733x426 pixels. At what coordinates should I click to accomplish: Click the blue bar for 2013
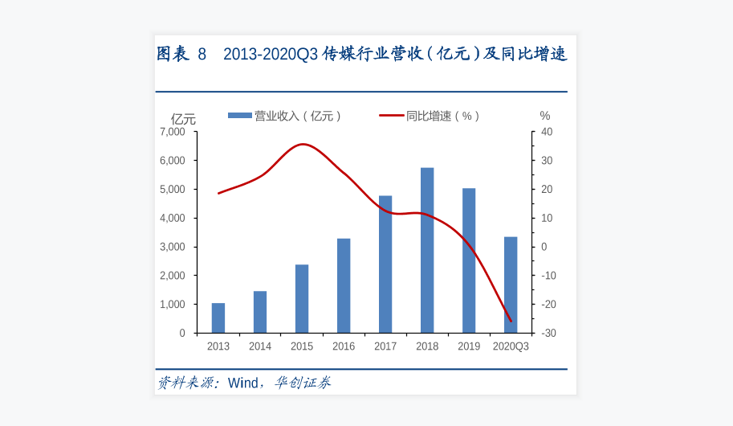(218, 317)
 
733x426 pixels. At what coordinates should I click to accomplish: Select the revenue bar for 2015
(302, 298)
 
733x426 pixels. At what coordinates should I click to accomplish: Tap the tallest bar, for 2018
(427, 250)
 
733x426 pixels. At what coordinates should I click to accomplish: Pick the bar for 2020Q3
(511, 285)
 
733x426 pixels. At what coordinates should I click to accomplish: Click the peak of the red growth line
(302, 145)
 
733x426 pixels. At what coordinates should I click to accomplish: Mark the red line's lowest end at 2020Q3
(511, 321)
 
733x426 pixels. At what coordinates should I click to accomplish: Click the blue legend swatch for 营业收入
(240, 116)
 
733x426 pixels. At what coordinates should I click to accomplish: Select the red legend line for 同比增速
(391, 116)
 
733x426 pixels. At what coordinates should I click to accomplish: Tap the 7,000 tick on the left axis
(173, 132)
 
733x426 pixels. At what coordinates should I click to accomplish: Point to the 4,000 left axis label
(173, 218)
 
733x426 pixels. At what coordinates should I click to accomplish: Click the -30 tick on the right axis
(548, 333)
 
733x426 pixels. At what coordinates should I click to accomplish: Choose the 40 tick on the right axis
(547, 132)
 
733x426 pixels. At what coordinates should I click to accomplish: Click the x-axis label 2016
(344, 346)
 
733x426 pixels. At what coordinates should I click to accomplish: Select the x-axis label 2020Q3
(511, 346)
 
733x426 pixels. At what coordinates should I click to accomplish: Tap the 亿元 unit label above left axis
(182, 119)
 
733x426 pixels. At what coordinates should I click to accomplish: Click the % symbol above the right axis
(545, 116)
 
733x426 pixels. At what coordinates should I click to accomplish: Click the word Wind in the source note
(243, 383)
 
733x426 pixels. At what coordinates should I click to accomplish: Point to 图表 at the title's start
(173, 54)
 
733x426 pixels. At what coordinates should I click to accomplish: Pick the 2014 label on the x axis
(260, 346)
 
